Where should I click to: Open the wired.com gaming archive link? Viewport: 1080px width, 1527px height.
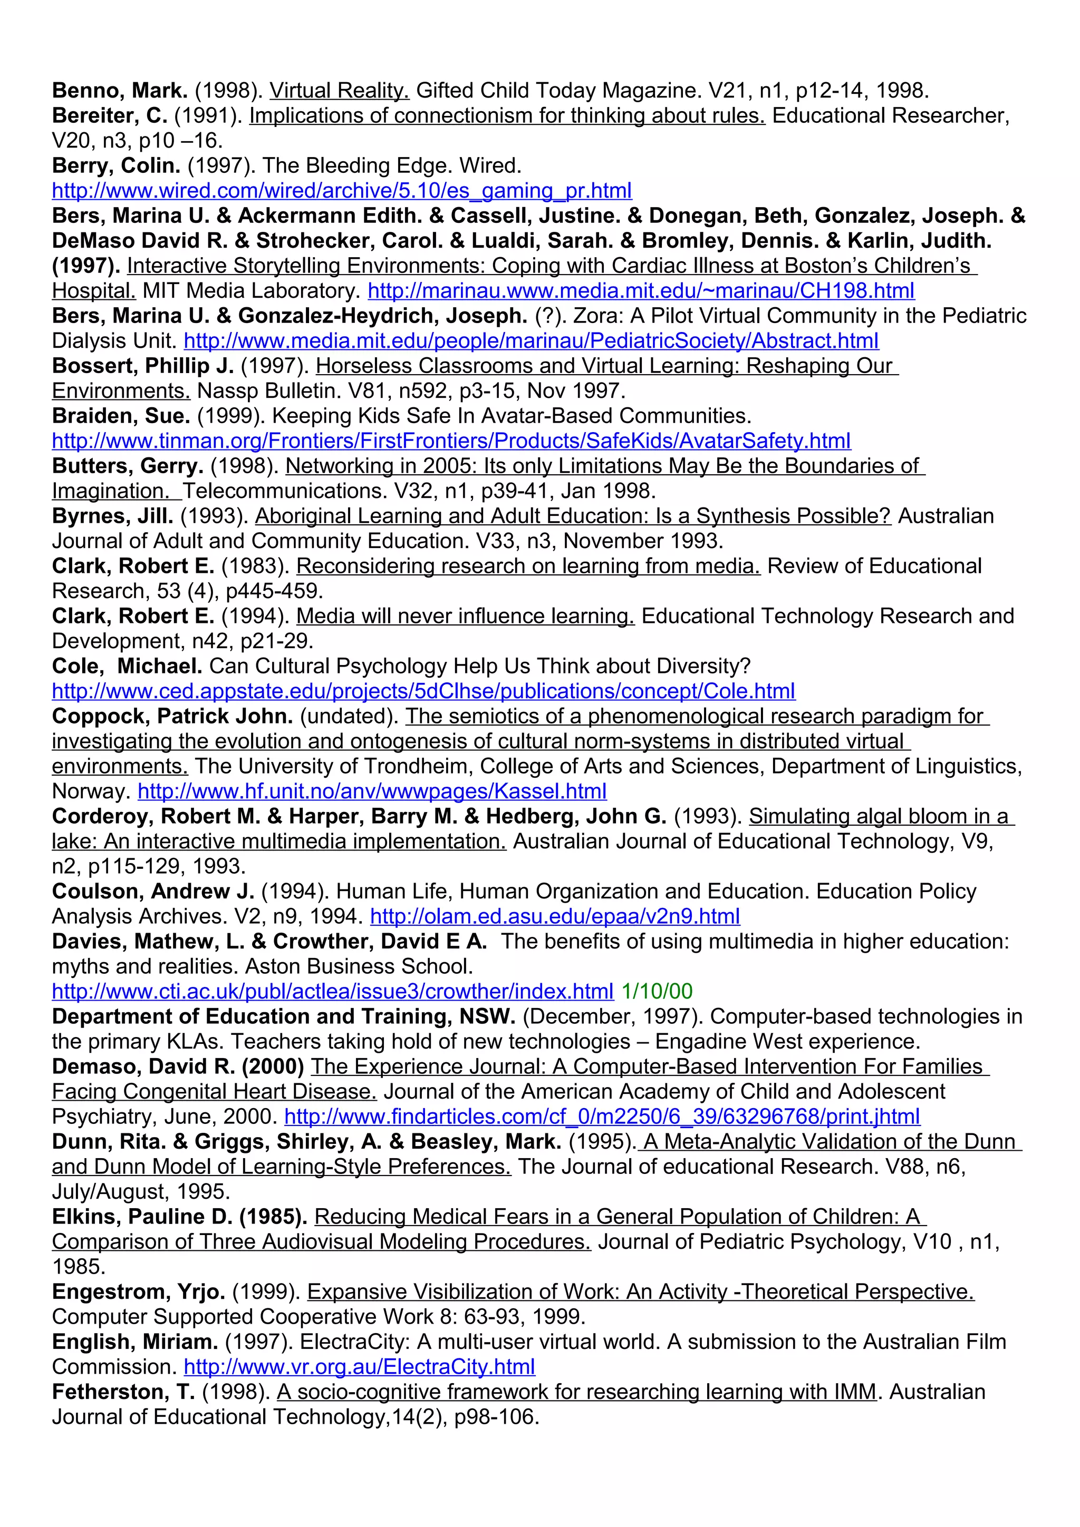tap(341, 191)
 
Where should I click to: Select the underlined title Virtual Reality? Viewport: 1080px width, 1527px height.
tap(339, 91)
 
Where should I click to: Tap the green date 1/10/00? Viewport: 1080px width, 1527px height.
tap(656, 992)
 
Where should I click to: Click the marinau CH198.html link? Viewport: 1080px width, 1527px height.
tap(641, 291)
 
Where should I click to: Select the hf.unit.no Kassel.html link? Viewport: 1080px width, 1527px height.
tap(372, 791)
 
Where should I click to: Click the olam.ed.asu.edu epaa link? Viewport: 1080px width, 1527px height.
tap(554, 916)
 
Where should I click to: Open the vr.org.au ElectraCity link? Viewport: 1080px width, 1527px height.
tap(359, 1367)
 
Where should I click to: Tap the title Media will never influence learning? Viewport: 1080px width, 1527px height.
tap(465, 616)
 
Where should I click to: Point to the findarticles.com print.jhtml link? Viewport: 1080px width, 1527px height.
tap(602, 1117)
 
